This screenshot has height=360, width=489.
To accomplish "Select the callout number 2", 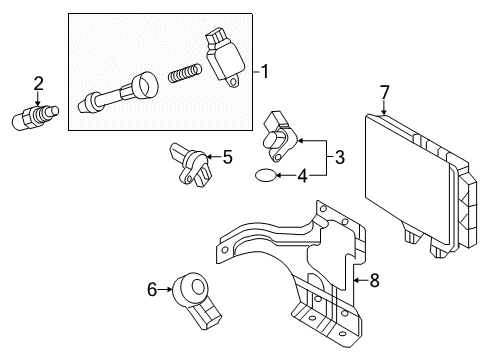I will click(x=38, y=83).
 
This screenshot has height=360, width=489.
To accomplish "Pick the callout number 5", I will click(x=228, y=156).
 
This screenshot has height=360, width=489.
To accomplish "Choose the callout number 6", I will click(x=152, y=290).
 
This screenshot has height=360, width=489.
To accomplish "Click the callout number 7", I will click(x=384, y=93).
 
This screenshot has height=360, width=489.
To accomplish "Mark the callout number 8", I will click(x=374, y=281).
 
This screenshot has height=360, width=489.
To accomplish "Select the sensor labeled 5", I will click(x=190, y=165).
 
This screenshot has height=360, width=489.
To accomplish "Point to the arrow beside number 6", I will click(x=167, y=290).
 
